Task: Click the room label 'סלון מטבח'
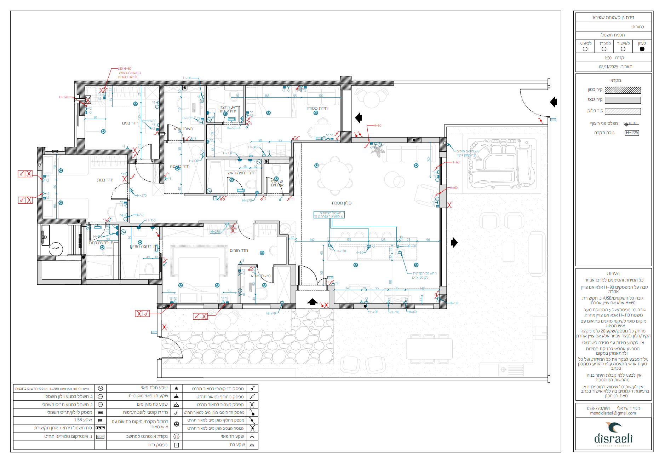342,203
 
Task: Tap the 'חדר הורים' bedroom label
239,250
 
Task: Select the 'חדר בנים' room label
130,123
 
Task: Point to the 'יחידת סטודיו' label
317,108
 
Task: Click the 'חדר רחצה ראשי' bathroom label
241,173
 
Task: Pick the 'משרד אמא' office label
260,276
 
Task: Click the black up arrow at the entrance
312,302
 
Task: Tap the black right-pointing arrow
454,243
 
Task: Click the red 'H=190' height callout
64,97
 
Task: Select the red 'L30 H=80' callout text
125,69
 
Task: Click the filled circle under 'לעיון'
642,49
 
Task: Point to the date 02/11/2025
608,67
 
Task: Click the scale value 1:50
608,58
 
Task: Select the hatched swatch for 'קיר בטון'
623,90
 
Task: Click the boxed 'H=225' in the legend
632,133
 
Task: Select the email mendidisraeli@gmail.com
613,413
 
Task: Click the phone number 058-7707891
598,408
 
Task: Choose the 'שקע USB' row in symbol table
83,420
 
